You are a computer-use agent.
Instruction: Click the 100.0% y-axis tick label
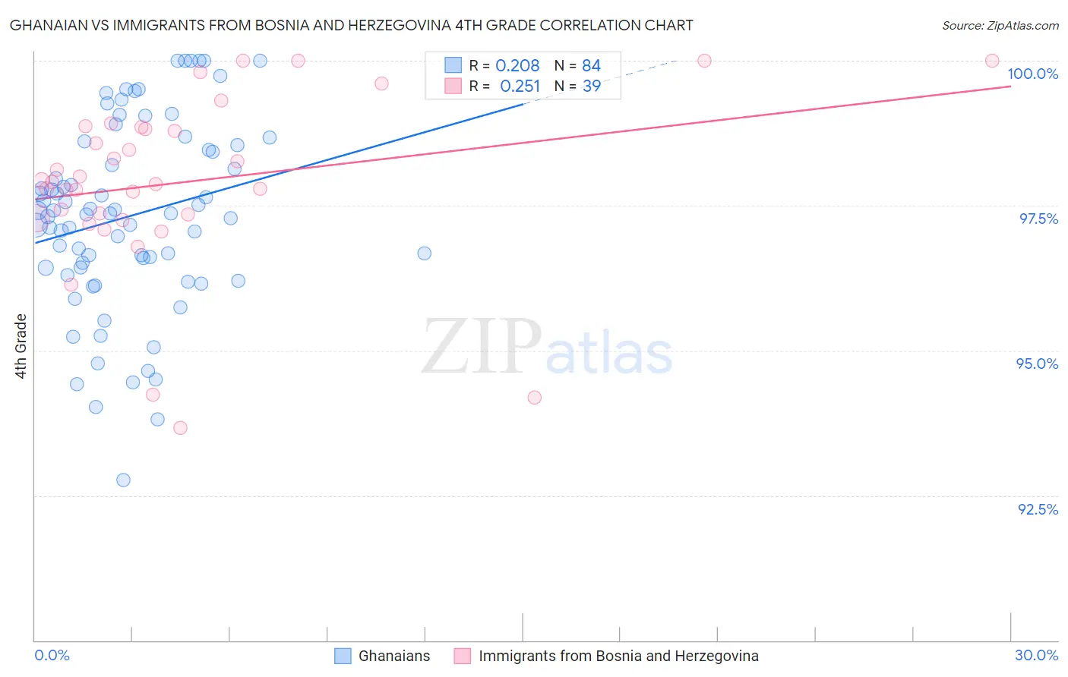[1032, 74]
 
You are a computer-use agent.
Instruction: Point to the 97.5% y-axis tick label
[1038, 219]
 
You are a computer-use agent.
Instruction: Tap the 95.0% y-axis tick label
[1037, 364]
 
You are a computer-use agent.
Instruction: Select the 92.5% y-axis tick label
[1038, 509]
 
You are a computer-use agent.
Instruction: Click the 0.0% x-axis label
[52, 655]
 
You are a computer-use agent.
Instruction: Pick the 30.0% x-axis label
[1036, 655]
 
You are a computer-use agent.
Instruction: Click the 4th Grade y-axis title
[21, 346]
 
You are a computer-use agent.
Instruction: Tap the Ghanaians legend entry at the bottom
[393, 656]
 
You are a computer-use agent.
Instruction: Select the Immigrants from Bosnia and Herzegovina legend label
[618, 656]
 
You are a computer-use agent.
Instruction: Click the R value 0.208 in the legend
[517, 66]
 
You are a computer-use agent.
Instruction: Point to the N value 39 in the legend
[592, 87]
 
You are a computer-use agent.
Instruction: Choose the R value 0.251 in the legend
[520, 87]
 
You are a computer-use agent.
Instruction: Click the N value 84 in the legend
[592, 66]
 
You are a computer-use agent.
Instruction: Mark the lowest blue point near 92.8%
[123, 480]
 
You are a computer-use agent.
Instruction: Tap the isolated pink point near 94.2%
[534, 398]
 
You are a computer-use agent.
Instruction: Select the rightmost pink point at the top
[992, 61]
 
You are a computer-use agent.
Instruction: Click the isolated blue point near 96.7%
[425, 253]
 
